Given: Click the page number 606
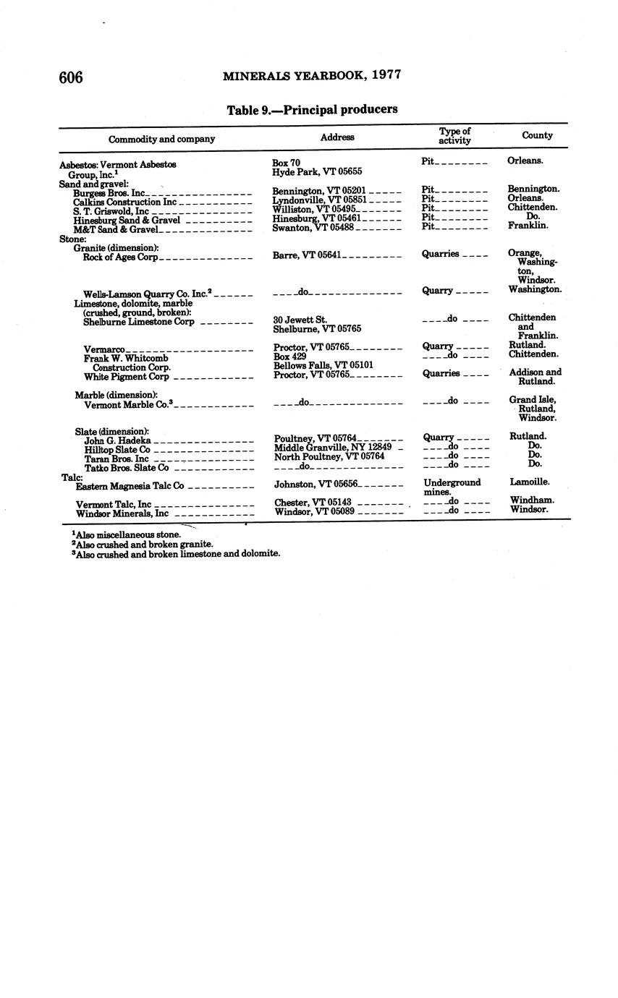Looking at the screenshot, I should (71, 77).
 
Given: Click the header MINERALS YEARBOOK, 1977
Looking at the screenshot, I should (312, 74).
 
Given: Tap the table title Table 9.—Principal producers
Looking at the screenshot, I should (312, 110).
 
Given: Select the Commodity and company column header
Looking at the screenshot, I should (161, 139).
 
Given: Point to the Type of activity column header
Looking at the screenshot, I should (454, 136).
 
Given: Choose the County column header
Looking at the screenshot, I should (537, 135).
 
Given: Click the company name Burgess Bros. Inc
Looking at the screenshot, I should (109, 193).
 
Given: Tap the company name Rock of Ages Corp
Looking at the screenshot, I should (120, 257).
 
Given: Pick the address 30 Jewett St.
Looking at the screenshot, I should (300, 319).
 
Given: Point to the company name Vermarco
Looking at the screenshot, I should (104, 349).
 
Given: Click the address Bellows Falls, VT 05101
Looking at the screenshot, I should (323, 365).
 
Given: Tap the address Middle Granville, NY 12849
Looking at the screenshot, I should (333, 448).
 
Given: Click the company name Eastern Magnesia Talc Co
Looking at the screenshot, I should (130, 486).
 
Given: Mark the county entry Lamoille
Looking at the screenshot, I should (529, 482).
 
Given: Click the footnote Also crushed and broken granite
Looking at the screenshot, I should (143, 544).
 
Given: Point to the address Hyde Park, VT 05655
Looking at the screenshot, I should (317, 172).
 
